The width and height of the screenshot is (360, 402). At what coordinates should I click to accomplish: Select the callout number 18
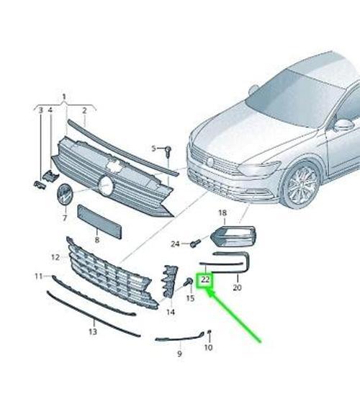[222, 213]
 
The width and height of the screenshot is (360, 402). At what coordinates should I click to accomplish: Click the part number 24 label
[176, 244]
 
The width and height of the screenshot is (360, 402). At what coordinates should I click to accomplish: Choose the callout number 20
[237, 287]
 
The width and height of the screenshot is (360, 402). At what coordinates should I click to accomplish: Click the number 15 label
[190, 298]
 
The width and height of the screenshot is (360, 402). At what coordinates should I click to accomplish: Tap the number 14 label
[171, 312]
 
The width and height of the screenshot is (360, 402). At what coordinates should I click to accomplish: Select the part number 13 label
[93, 332]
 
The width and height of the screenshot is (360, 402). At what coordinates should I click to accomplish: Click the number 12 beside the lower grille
[55, 257]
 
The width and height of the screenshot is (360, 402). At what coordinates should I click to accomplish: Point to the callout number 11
[38, 276]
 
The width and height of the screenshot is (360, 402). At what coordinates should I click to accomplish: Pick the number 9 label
[179, 354]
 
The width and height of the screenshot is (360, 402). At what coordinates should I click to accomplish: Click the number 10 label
[208, 348]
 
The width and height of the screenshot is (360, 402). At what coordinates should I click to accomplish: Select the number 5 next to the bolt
[153, 149]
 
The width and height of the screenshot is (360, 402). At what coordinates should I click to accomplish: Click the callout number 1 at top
[63, 97]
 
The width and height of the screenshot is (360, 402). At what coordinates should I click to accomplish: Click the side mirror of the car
[343, 125]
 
